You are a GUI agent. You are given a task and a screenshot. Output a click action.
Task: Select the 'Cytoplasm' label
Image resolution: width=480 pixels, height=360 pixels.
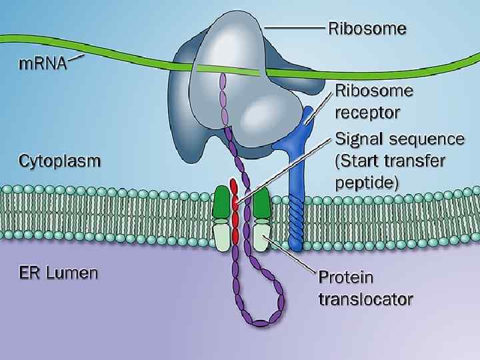click(61, 161)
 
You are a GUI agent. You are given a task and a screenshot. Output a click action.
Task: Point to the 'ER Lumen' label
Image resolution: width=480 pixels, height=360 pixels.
click(59, 273)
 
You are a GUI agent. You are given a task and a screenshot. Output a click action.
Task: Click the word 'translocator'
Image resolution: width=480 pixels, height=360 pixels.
click(364, 299)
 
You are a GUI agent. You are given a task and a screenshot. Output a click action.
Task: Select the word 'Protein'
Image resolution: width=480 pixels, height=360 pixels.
click(347, 276)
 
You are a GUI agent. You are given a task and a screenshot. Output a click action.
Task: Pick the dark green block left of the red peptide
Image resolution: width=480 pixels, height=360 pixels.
click(221, 202)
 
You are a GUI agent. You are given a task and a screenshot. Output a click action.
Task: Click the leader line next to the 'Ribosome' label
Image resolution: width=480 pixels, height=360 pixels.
click(295, 29)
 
